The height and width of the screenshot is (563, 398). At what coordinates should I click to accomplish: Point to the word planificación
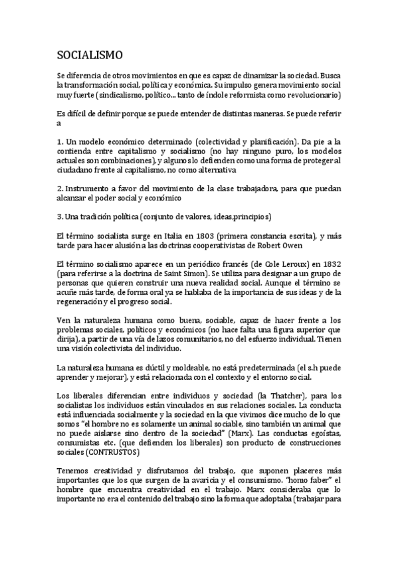268,143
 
